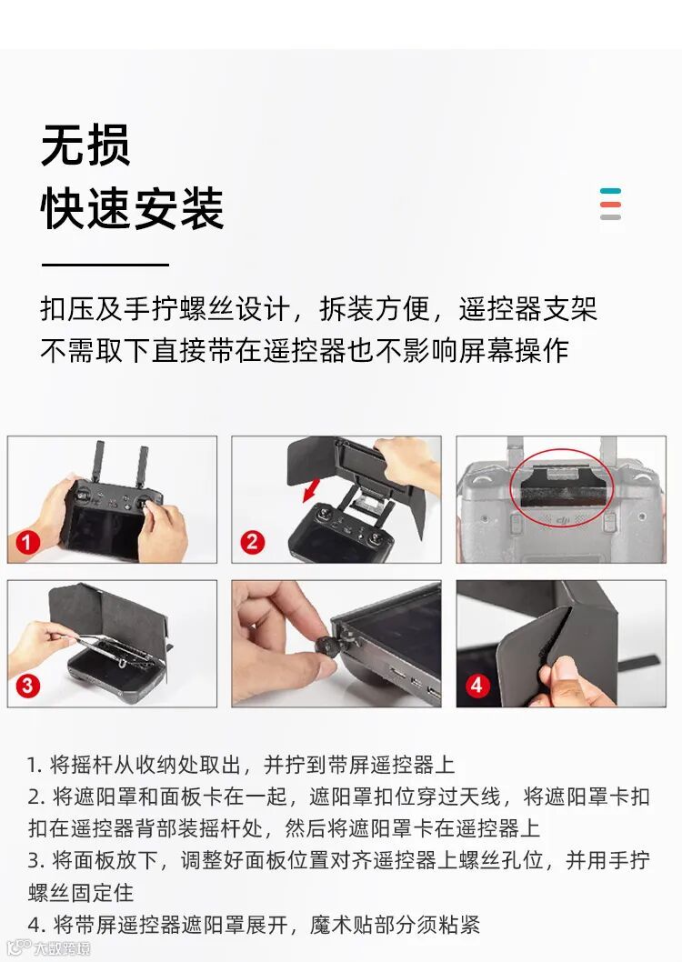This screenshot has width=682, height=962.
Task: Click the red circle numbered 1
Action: click(27, 542)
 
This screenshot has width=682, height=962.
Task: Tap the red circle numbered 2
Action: click(253, 542)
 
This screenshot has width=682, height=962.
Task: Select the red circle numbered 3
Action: click(27, 686)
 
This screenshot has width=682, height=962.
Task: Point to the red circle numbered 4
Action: click(477, 685)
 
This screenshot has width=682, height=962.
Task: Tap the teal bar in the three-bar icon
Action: click(611, 191)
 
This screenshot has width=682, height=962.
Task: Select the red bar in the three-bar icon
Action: click(611, 205)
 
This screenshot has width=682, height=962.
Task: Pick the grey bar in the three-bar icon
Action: click(611, 217)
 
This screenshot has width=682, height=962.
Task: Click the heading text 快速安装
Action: click(132, 208)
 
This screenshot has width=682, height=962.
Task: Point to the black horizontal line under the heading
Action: click(105, 265)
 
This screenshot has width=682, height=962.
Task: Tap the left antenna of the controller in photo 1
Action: click(97, 461)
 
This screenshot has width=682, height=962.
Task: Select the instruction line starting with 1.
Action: click(240, 765)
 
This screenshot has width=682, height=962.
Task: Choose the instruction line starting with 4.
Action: click(254, 924)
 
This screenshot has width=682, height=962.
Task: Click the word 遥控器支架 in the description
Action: click(527, 308)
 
